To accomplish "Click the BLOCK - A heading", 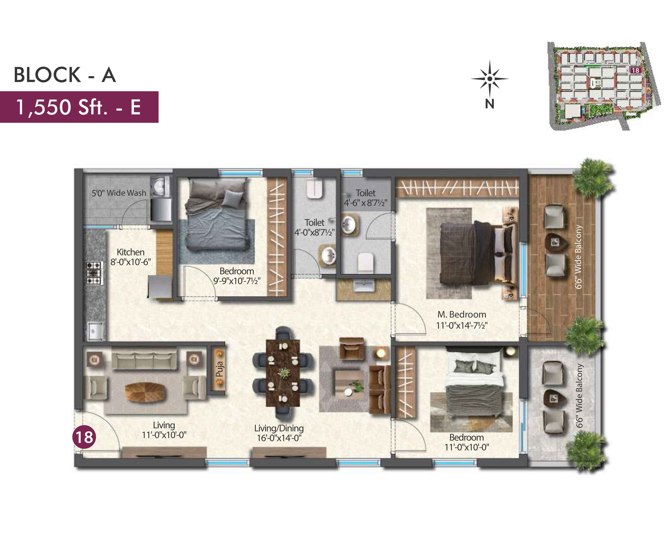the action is pyautogui.click(x=65, y=75).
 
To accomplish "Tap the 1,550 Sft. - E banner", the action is pyautogui.click(x=79, y=107).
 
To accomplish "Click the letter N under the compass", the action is pyautogui.click(x=490, y=104).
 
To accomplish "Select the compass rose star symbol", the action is pyautogui.click(x=490, y=79).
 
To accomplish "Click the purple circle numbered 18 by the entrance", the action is pyautogui.click(x=84, y=437).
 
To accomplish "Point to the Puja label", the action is pyautogui.click(x=220, y=369).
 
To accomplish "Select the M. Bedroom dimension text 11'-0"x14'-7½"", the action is pyautogui.click(x=462, y=325).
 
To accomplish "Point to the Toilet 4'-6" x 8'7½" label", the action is pyautogui.click(x=366, y=198).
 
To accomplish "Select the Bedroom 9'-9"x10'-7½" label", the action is pyautogui.click(x=237, y=276).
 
